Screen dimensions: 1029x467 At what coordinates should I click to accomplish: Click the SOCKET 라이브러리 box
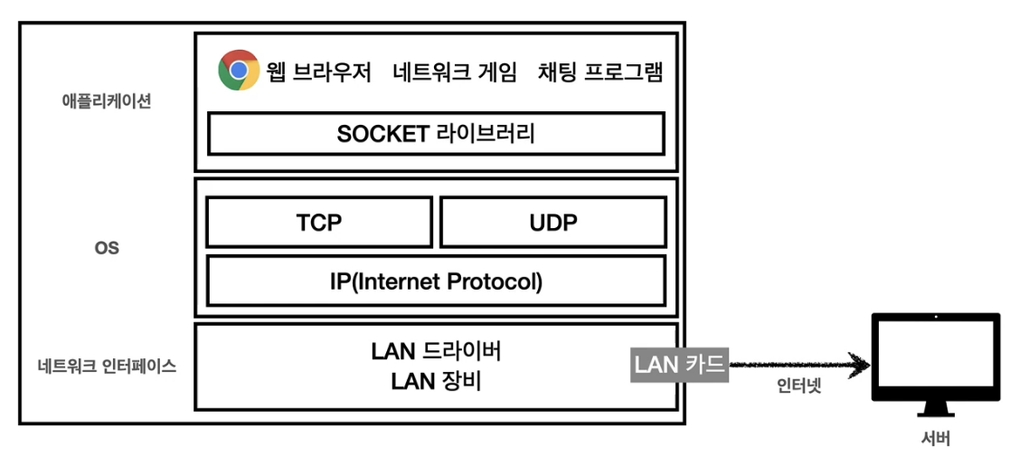pyautogui.click(x=436, y=134)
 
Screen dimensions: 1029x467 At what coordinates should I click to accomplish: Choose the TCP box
pyautogui.click(x=318, y=223)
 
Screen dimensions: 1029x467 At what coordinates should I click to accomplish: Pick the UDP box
pyautogui.click(x=552, y=223)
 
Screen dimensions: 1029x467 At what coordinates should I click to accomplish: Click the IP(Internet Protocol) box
pyautogui.click(x=436, y=281)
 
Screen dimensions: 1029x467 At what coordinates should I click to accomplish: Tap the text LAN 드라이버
pyautogui.click(x=436, y=351)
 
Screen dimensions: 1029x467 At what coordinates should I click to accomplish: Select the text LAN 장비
pyautogui.click(x=436, y=382)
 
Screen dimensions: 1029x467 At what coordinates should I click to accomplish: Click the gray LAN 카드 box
pyautogui.click(x=679, y=365)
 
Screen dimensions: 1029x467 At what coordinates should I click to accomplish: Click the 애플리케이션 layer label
pyautogui.click(x=107, y=100)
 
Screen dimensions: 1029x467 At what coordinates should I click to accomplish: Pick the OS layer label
pyautogui.click(x=107, y=247)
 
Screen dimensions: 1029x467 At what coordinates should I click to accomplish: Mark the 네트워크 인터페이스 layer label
pyautogui.click(x=107, y=367)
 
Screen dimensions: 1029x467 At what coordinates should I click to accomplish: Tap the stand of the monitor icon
pyautogui.click(x=935, y=413)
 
